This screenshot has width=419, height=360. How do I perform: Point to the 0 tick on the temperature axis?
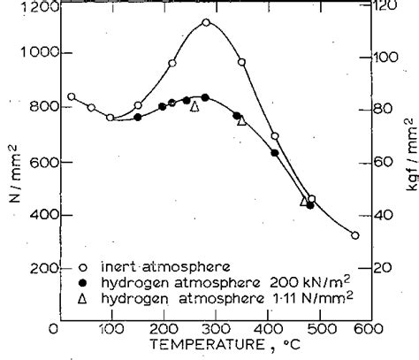(x=55, y=329)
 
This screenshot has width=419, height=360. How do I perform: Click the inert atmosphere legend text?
(x=141, y=264)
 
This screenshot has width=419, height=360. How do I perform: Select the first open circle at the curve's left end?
(x=72, y=96)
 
